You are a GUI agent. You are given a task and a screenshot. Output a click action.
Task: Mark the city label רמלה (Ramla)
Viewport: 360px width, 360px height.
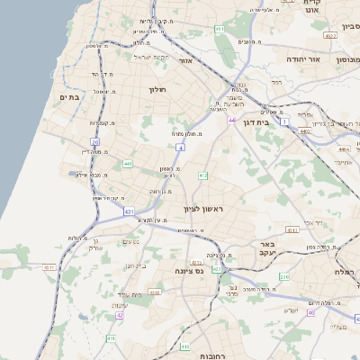tap(346, 271)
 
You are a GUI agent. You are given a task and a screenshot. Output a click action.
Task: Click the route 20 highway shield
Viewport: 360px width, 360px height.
tap(94, 142)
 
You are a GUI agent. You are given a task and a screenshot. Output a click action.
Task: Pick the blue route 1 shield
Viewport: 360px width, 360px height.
tap(285, 120)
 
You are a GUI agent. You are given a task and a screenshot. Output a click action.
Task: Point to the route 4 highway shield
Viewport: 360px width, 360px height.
tap(180, 146)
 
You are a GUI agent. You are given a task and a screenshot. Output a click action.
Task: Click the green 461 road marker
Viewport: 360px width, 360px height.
tap(220, 30)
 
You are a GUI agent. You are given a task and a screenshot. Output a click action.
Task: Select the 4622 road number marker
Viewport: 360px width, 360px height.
tap(331, 36)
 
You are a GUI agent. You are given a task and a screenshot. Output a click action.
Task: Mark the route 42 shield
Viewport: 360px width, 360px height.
tap(120, 315)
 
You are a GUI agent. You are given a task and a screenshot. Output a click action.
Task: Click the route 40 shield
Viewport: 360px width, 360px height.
tap(310, 313)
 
